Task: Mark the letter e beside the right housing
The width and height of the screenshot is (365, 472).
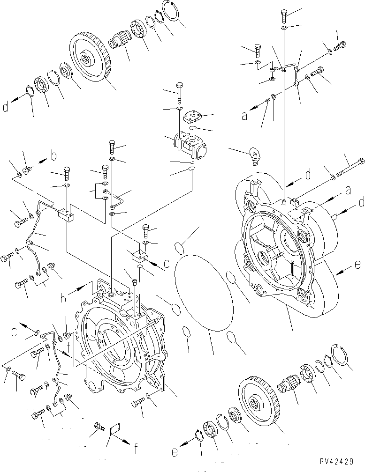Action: (x=357, y=265)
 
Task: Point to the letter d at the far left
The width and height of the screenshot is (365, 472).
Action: (x=5, y=107)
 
